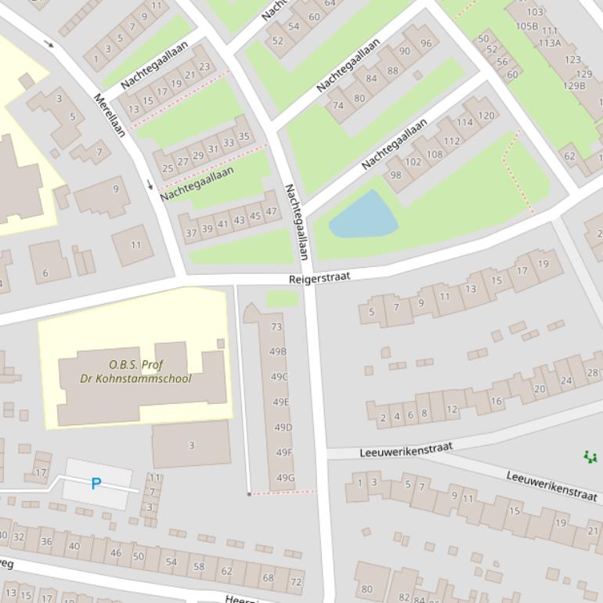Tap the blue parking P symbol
point(96,484)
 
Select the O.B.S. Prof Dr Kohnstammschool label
point(135,372)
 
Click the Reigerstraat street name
point(319,278)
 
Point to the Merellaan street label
point(110,115)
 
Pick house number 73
point(276,327)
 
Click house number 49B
point(278,352)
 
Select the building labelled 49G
point(285,478)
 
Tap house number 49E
point(281,402)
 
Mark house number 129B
point(574,86)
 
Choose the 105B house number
point(526,26)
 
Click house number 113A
point(549,43)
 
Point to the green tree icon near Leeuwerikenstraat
point(590,456)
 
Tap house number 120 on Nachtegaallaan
point(486,115)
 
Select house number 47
point(271,211)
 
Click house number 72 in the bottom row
point(295,582)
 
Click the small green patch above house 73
point(282,298)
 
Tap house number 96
point(425,43)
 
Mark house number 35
point(244,136)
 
